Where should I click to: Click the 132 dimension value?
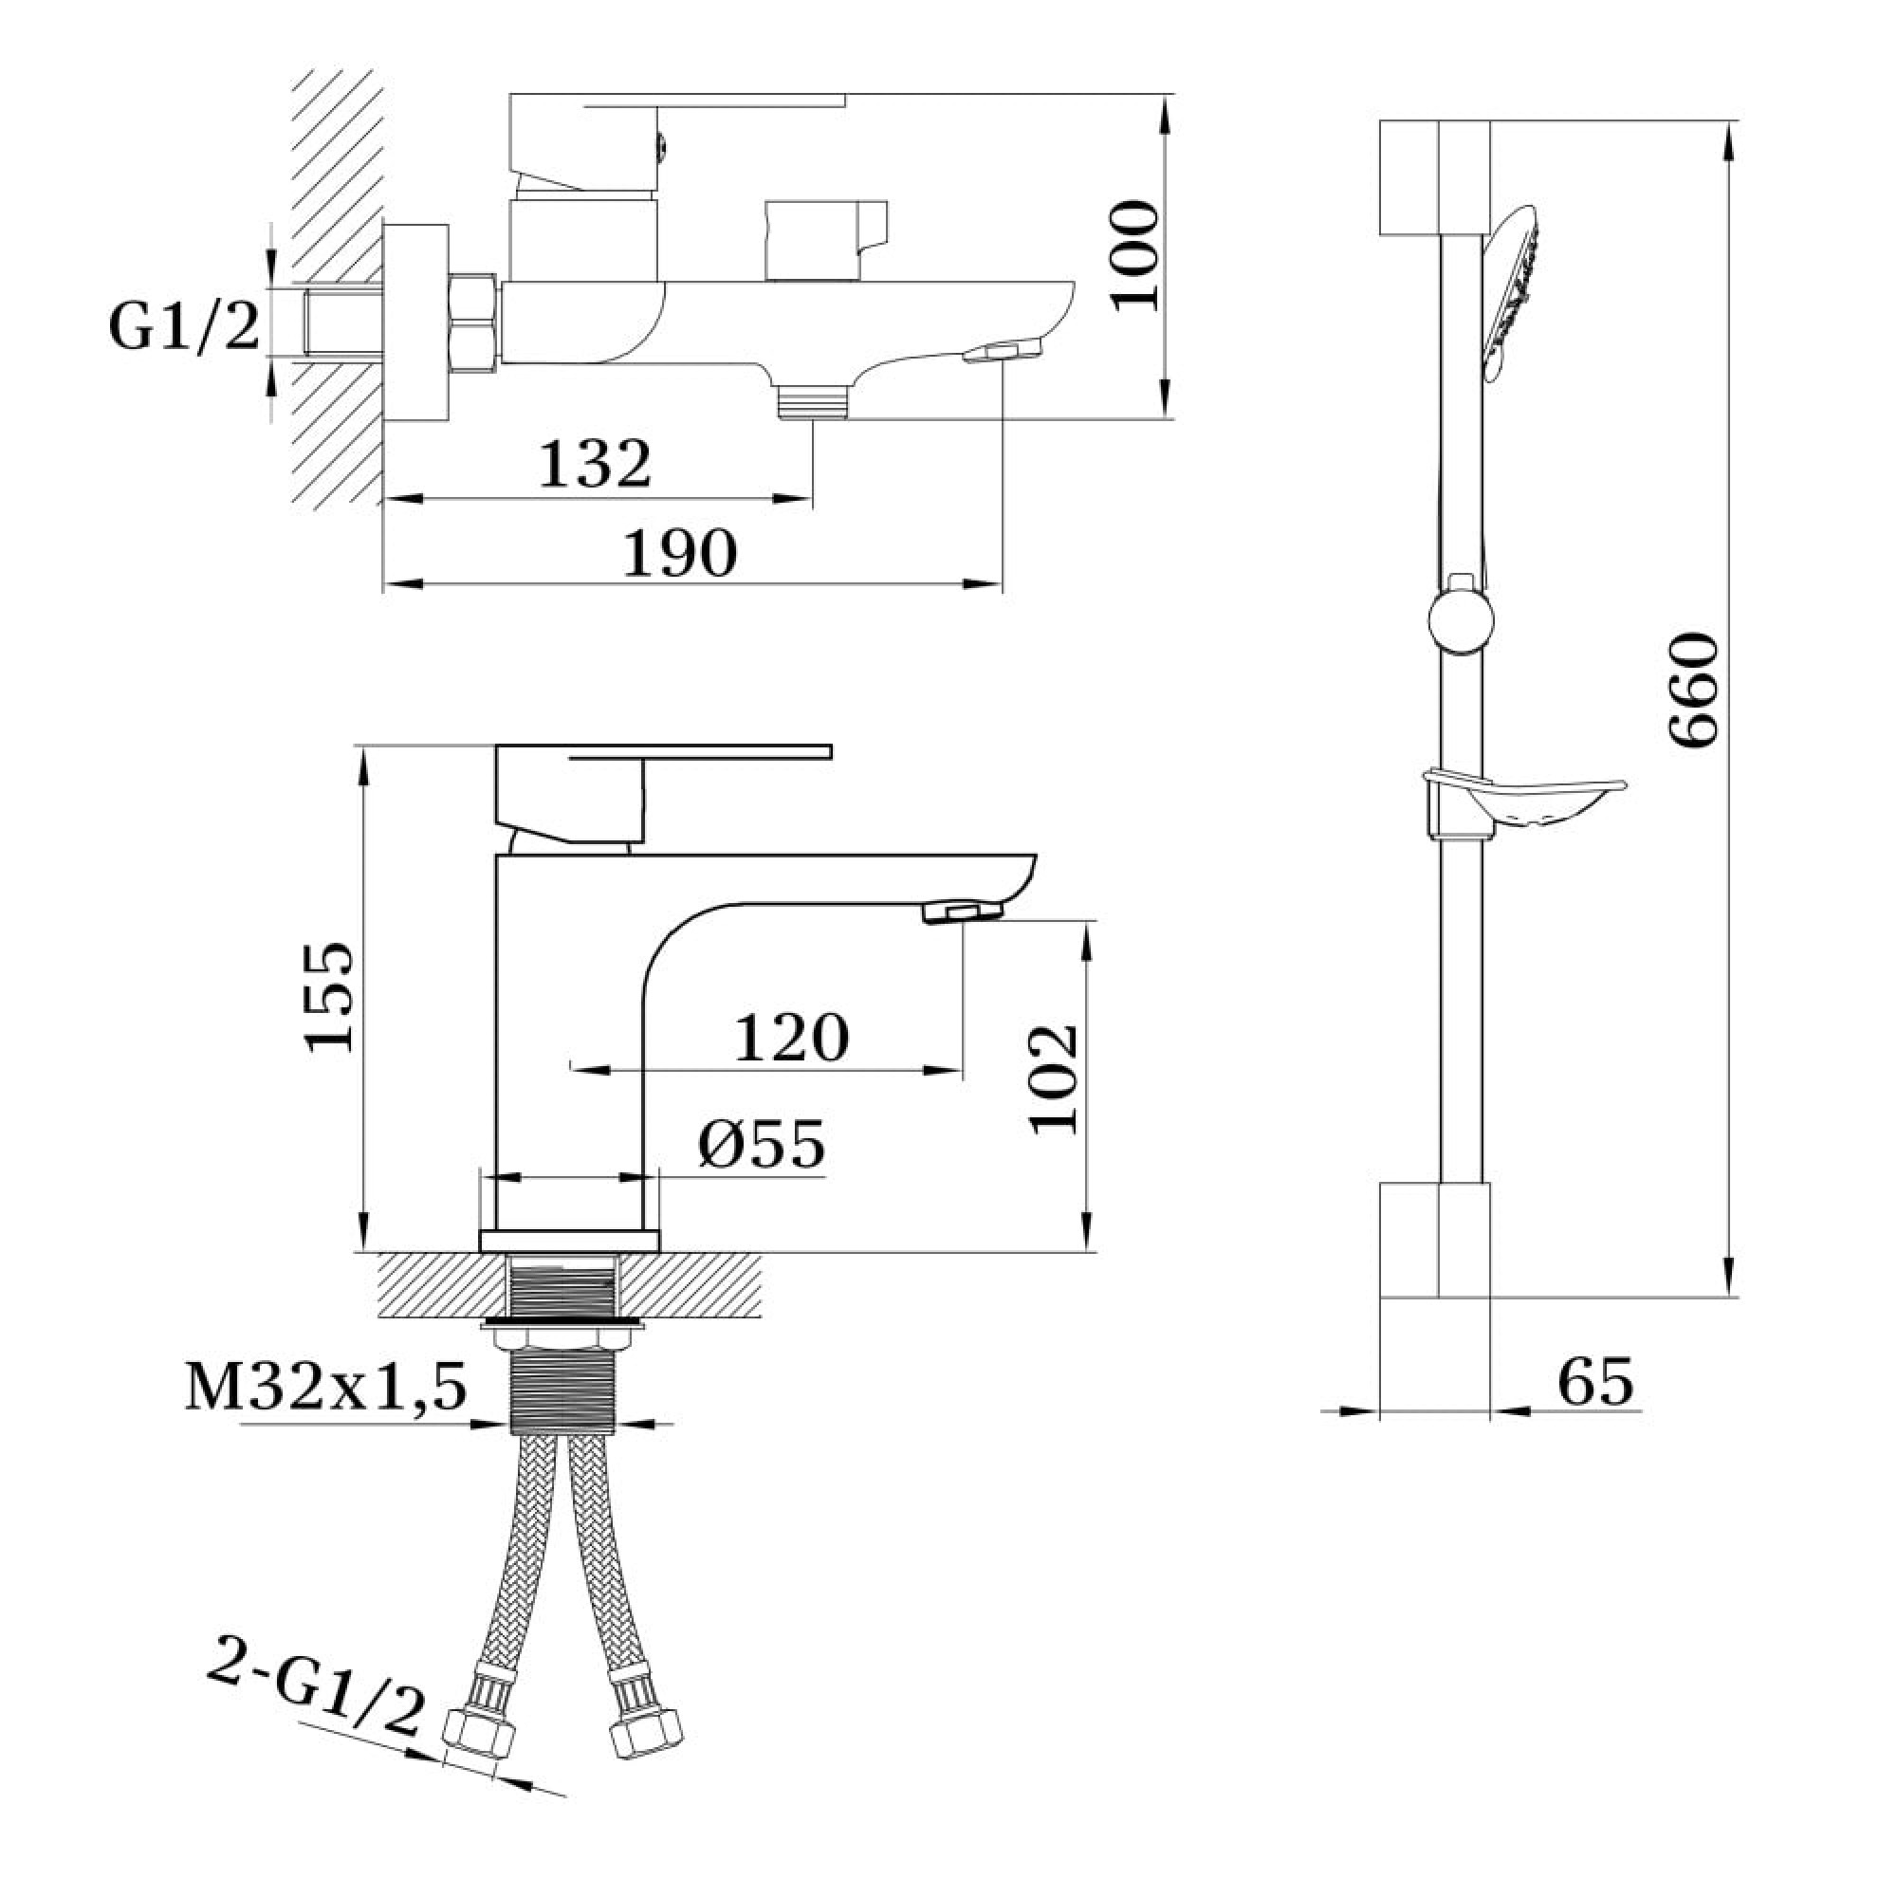(595, 464)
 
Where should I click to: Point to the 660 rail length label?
(1694, 691)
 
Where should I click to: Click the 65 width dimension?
(1595, 1382)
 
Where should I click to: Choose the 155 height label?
(328, 998)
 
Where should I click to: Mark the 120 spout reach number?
(791, 1038)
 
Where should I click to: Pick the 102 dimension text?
(1055, 1081)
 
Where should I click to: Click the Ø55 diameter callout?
(762, 1144)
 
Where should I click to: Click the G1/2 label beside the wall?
(185, 327)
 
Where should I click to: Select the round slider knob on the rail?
(1461, 620)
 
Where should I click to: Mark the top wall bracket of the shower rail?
(1434, 177)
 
